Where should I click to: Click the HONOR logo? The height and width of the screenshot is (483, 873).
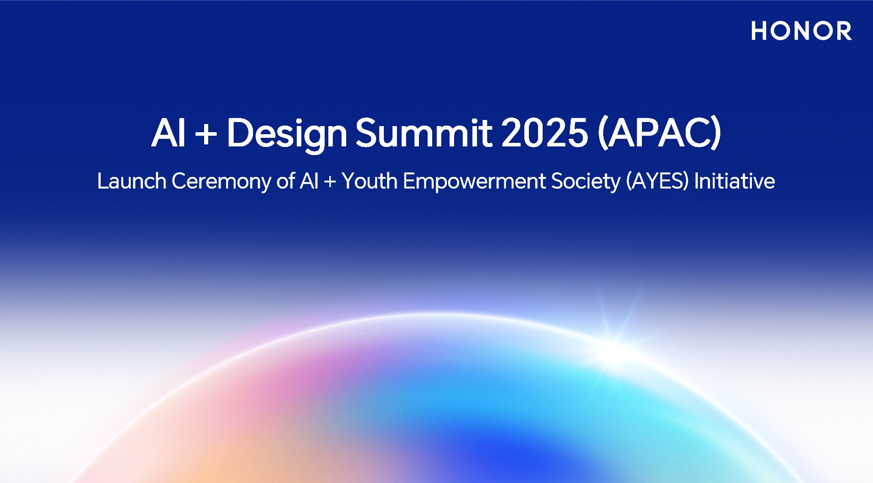pyautogui.click(x=801, y=31)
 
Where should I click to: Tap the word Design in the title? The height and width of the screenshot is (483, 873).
pyautogui.click(x=287, y=133)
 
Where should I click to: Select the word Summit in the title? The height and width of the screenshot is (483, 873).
pyautogui.click(x=424, y=133)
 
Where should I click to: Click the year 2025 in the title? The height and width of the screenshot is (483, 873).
pyautogui.click(x=544, y=133)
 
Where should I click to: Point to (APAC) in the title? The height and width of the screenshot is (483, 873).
pyautogui.click(x=659, y=133)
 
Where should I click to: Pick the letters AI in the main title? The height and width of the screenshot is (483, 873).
pyautogui.click(x=168, y=133)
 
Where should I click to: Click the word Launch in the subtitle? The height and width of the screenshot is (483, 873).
pyautogui.click(x=131, y=181)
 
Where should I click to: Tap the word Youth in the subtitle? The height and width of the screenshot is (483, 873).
pyautogui.click(x=369, y=181)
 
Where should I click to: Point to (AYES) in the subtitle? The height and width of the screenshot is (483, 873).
pyautogui.click(x=657, y=182)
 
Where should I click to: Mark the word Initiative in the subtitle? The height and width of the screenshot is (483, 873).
pyautogui.click(x=734, y=181)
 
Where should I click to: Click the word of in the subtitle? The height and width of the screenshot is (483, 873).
pyautogui.click(x=286, y=181)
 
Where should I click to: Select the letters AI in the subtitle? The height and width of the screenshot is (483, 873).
pyautogui.click(x=309, y=181)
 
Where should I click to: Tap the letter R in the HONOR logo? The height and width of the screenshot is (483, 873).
pyautogui.click(x=842, y=31)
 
